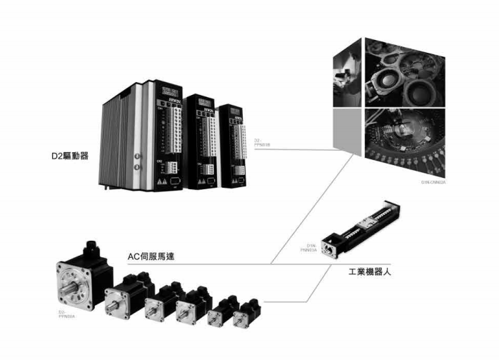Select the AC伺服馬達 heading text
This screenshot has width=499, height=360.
[151, 256]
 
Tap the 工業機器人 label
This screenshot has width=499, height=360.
[368, 272]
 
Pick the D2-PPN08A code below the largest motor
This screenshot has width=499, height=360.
[66, 316]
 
